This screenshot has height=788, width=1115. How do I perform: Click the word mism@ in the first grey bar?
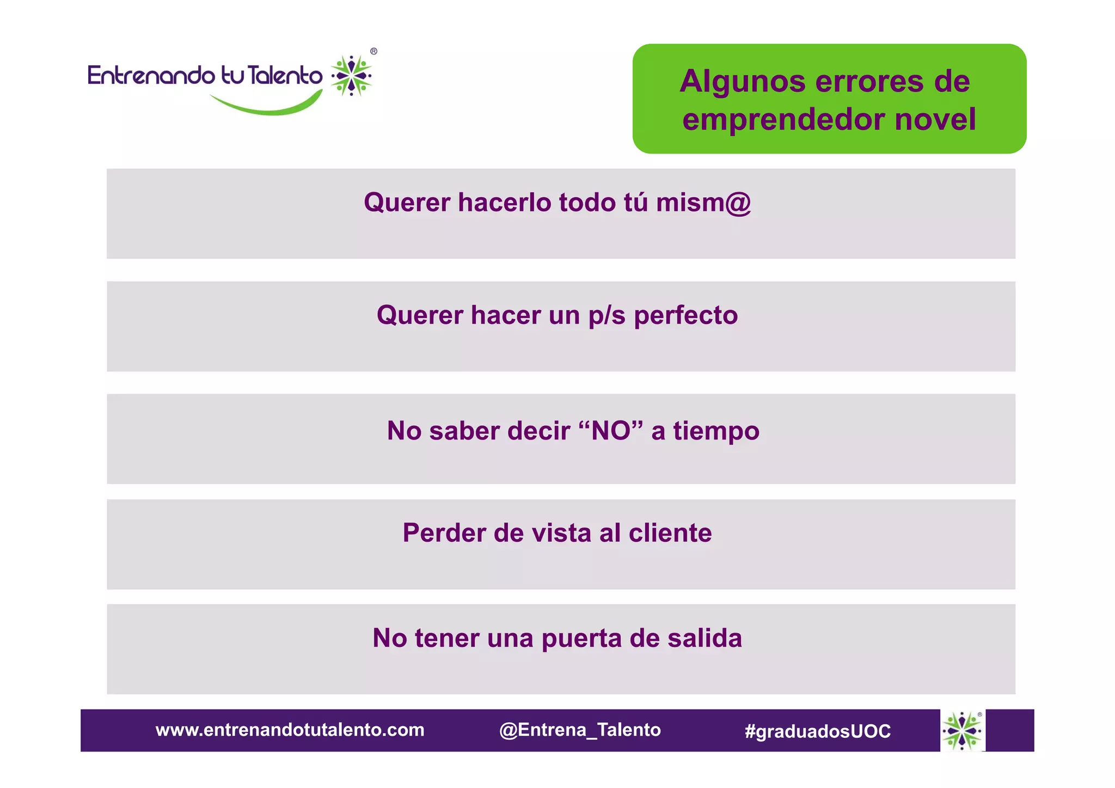[x=703, y=203]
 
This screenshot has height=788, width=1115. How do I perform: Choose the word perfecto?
[x=686, y=315]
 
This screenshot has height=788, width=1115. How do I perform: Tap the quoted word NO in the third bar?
[x=611, y=431]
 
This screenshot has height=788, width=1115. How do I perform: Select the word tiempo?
[x=716, y=431]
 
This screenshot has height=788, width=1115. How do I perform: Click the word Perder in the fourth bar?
[x=444, y=533]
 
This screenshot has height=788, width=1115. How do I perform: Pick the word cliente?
[x=670, y=533]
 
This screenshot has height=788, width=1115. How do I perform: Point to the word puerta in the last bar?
[x=581, y=639]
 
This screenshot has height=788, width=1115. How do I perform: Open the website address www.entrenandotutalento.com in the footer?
[x=290, y=730]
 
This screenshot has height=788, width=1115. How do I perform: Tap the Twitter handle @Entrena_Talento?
[x=580, y=730]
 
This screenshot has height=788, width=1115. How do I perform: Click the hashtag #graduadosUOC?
[x=818, y=731]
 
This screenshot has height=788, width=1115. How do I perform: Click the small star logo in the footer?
[x=963, y=730]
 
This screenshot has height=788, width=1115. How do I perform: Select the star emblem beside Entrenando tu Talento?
[x=352, y=76]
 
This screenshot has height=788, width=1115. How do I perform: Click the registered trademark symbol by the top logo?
[x=373, y=51]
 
